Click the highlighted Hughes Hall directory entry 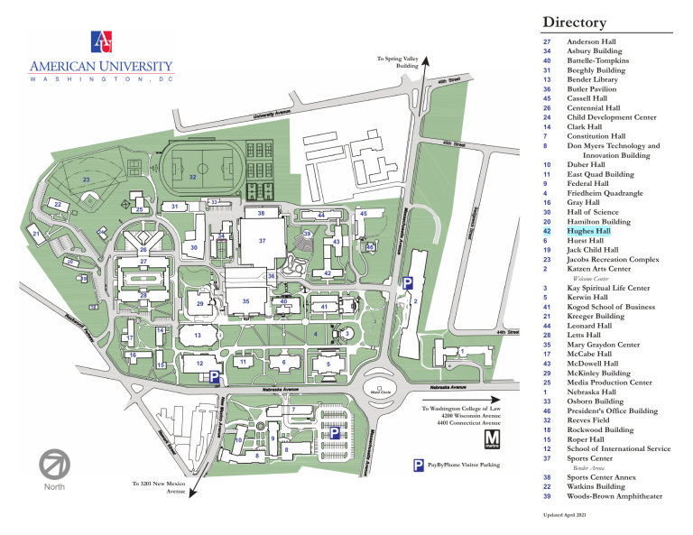tap(588, 232)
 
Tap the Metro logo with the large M tap(492, 438)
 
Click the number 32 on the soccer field tap(193, 178)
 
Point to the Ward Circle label tap(381, 392)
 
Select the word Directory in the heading tap(574, 22)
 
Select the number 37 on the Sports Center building tap(261, 242)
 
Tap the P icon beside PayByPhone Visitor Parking tap(419, 466)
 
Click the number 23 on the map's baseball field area tap(86, 181)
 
